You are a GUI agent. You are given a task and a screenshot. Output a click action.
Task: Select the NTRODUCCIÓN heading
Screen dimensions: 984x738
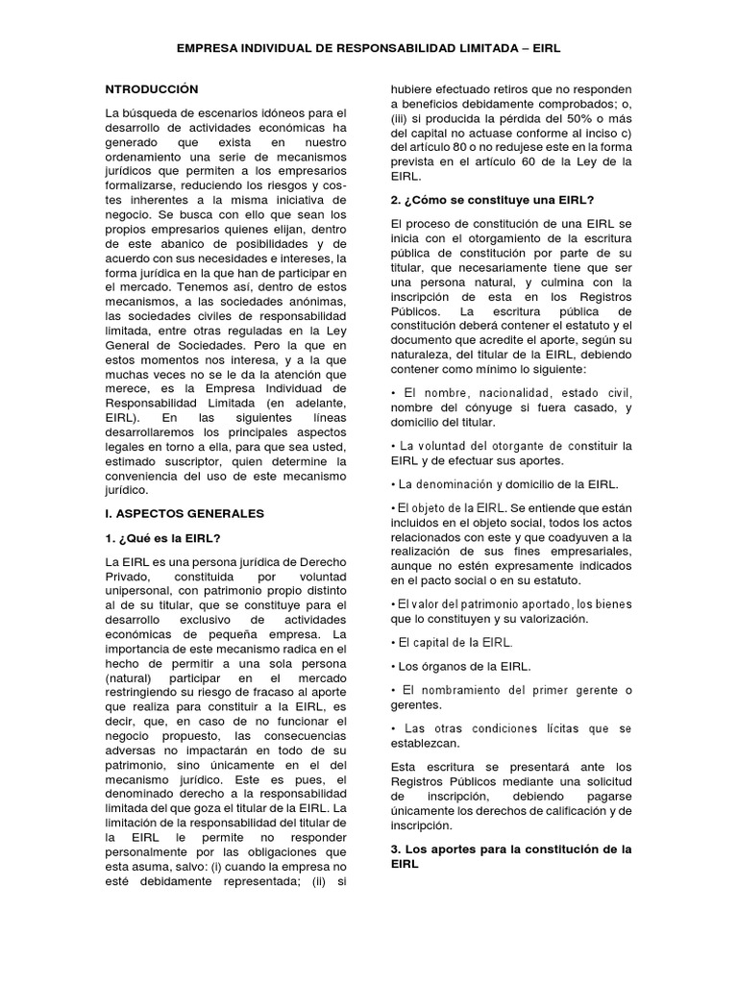(x=152, y=88)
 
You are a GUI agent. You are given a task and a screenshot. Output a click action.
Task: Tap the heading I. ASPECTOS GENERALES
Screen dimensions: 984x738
(x=184, y=513)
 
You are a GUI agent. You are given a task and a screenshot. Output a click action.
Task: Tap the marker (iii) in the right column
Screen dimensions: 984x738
(x=401, y=131)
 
